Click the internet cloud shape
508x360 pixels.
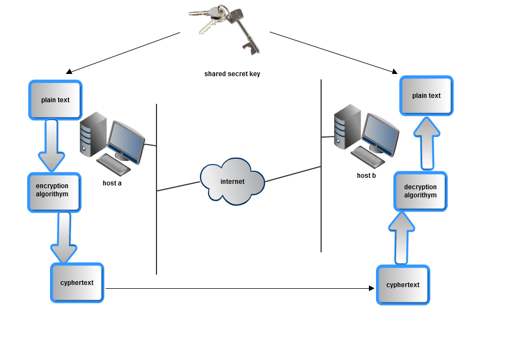pos(232,181)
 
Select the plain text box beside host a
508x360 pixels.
pos(55,100)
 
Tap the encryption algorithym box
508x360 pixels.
pos(54,192)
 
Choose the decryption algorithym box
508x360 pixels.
pos(420,191)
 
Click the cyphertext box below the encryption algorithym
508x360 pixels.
pos(77,283)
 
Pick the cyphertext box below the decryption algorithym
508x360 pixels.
pos(403,285)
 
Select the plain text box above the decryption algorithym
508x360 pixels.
pos(427,96)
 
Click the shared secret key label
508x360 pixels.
pos(232,74)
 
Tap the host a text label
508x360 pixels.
pos(112,183)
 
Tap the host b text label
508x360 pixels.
pos(366,176)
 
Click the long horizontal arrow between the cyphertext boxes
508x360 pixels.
pos(239,288)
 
